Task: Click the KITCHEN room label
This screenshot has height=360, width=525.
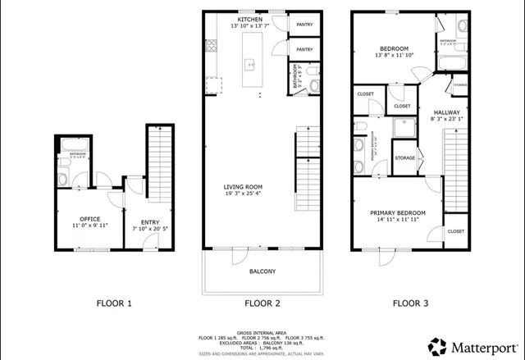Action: [x=249, y=19]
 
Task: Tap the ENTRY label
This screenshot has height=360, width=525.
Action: [x=150, y=221]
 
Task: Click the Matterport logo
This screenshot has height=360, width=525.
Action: [x=472, y=344]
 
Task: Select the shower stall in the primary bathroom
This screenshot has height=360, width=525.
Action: [x=403, y=126]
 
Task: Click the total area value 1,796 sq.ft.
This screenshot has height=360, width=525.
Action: [x=262, y=348]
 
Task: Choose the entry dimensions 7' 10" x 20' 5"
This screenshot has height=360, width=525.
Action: [x=150, y=229]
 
